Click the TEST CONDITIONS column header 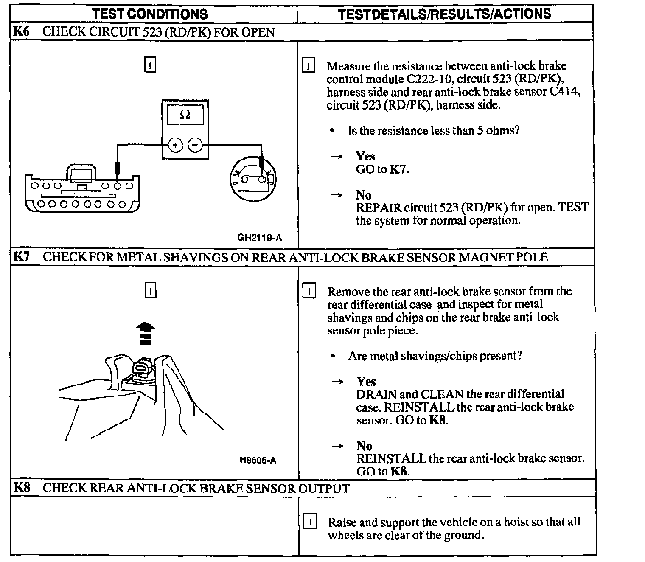[x=150, y=14]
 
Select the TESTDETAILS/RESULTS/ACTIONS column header [x=444, y=14]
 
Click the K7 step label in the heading [x=21, y=257]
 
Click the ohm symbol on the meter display [x=185, y=115]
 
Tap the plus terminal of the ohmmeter [x=174, y=145]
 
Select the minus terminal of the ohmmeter [x=195, y=145]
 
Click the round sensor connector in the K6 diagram [x=253, y=180]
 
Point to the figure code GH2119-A [x=259, y=238]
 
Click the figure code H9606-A [x=258, y=460]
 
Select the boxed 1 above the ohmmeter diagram [x=150, y=65]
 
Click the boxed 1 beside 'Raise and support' [x=310, y=522]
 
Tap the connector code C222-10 [x=426, y=79]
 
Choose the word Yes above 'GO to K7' [x=365, y=156]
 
